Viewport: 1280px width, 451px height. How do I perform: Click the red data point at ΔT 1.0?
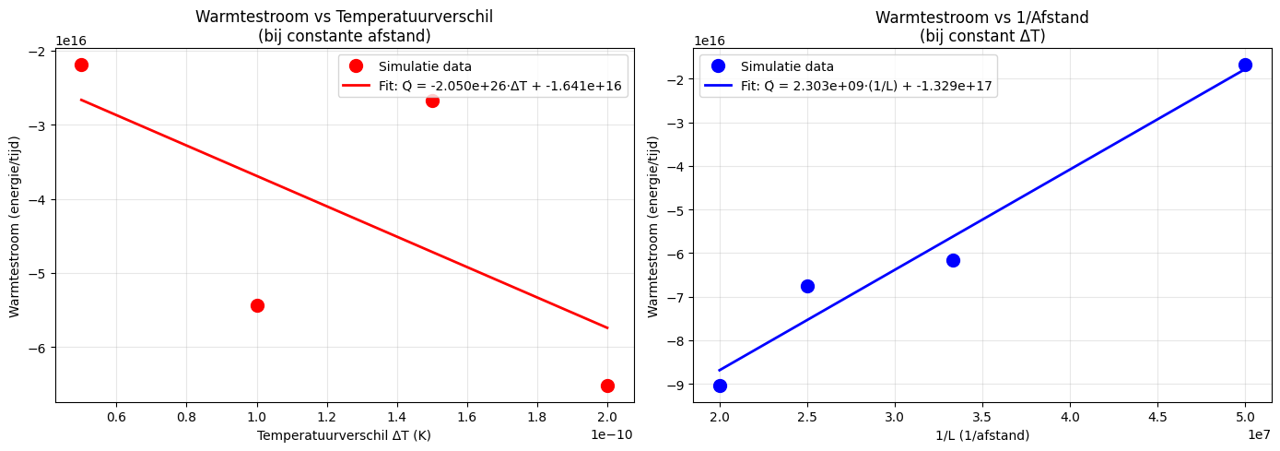[x=257, y=305]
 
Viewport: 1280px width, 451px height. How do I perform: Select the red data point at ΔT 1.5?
[x=432, y=101]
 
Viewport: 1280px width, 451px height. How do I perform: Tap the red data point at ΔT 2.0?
[x=607, y=386]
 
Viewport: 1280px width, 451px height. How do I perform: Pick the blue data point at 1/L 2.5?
[x=807, y=286]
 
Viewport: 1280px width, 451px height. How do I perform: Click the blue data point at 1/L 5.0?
[x=1245, y=65]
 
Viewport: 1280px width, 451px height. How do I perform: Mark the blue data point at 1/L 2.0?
[x=720, y=386]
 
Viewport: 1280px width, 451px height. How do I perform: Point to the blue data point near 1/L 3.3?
[x=953, y=260]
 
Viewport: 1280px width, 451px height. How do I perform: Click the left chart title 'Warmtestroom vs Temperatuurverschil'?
[x=345, y=17]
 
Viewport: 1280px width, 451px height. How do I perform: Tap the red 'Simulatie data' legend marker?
[x=356, y=66]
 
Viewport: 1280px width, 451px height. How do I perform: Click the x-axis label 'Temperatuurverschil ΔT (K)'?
[x=344, y=434]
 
